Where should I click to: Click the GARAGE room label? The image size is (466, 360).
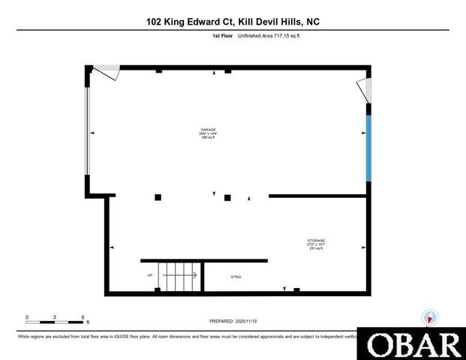tap(208, 129)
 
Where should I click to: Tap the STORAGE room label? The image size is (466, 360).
tap(315, 240)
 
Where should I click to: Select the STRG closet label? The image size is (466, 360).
tap(236, 277)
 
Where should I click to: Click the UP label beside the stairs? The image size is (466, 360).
tap(150, 276)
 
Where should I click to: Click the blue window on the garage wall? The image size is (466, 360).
tap(368, 148)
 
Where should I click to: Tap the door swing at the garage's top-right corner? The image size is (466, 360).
tap(364, 89)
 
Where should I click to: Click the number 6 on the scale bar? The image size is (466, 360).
tap(83, 316)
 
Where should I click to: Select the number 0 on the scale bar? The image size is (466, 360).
tap(27, 316)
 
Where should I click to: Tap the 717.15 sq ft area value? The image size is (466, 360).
tap(284, 36)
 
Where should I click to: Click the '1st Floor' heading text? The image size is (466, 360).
tap(221, 36)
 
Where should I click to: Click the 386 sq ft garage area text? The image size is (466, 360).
tap(208, 138)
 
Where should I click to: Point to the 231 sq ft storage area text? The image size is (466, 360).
tap(315, 249)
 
